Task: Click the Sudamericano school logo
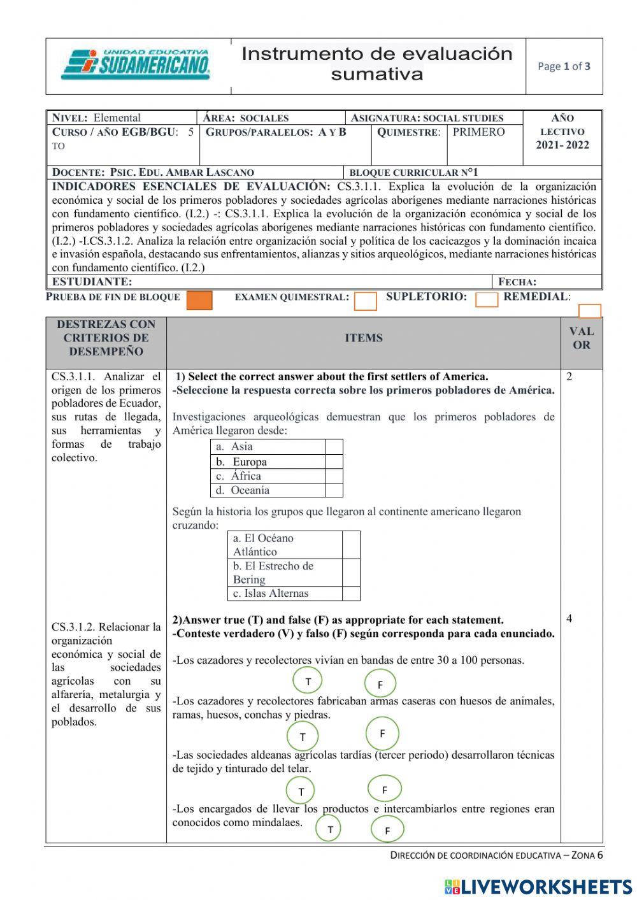[x=136, y=65]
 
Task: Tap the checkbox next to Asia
[x=334, y=446]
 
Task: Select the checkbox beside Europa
[x=334, y=462]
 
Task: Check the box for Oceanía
[x=334, y=490]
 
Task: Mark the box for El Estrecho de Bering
[x=351, y=573]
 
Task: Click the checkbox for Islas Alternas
[x=351, y=594]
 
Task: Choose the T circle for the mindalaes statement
[x=330, y=829]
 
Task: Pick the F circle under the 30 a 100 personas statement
[x=380, y=685]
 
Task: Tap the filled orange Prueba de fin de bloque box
[x=199, y=300]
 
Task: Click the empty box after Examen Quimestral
[x=366, y=301]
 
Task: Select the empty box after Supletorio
[x=487, y=299]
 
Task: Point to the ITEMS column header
[x=364, y=338]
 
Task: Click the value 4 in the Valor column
[x=569, y=618]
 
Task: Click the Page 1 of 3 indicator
[x=564, y=66]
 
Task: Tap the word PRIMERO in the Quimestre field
[x=478, y=132]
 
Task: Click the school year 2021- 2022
[x=562, y=145]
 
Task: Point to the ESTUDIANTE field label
[x=92, y=282]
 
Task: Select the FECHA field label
[x=517, y=282]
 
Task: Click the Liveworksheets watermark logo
[x=538, y=886]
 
